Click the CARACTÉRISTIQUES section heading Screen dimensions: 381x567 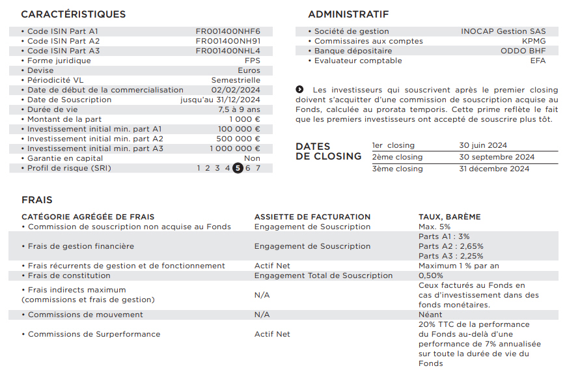73,14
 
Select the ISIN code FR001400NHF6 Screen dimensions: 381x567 228,31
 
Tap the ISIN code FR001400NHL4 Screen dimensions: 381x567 228,51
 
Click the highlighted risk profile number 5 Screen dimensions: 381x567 238,168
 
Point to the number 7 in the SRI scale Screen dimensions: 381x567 258,168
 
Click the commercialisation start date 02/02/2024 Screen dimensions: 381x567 236,90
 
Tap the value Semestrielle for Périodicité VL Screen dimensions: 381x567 236,80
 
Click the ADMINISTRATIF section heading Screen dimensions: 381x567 348,14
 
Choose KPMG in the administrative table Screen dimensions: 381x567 534,41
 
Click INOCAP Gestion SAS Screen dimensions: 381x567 503,31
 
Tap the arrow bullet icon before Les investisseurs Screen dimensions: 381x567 299,89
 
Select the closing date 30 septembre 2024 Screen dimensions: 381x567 497,157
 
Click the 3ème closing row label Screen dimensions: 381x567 397,169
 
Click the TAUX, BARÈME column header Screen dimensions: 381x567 449,217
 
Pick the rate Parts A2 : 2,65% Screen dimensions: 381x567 451,246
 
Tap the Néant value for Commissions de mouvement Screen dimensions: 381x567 430,315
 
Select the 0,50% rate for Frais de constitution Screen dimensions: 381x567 432,275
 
